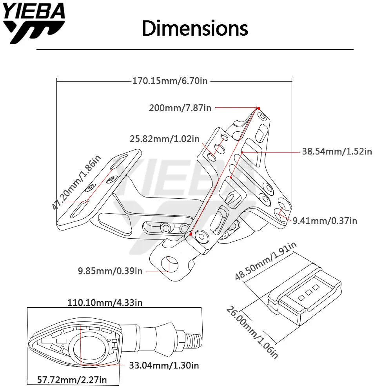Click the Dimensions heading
pyautogui.click(x=195, y=28)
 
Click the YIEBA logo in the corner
pyautogui.click(x=34, y=23)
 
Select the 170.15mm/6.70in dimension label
pyautogui.click(x=170, y=81)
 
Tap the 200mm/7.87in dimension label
pyautogui.click(x=180, y=108)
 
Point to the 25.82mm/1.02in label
pyautogui.click(x=165, y=139)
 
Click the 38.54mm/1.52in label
pyautogui.click(x=337, y=151)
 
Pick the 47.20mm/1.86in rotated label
pyautogui.click(x=76, y=182)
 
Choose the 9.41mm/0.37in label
pyautogui.click(x=325, y=221)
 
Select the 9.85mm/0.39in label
pyautogui.click(x=110, y=271)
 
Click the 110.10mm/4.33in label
pyautogui.click(x=105, y=303)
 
